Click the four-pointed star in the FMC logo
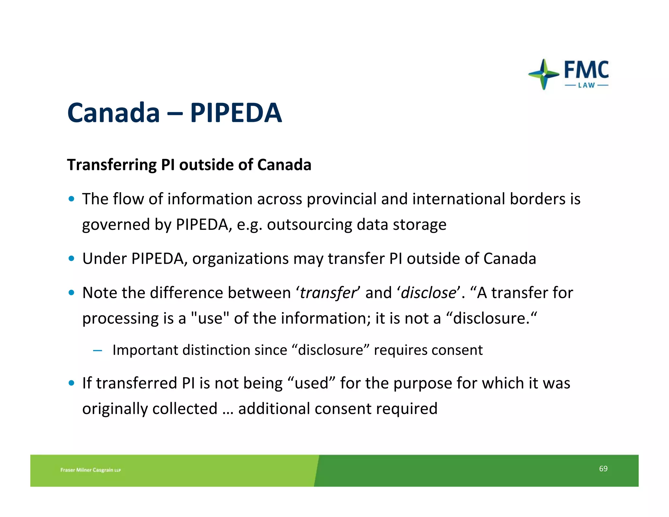click(x=544, y=74)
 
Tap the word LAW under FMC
click(x=586, y=86)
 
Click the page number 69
click(x=603, y=469)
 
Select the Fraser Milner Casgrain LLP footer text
click(x=90, y=470)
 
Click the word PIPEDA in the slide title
click(x=236, y=113)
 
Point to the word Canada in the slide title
click(x=113, y=113)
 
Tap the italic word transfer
click(x=328, y=293)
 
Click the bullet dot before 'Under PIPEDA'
click(x=72, y=259)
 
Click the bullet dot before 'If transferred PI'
click(x=72, y=383)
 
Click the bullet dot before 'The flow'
click(x=72, y=199)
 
